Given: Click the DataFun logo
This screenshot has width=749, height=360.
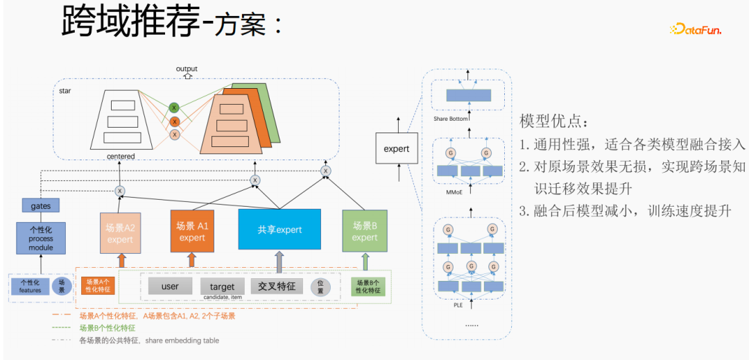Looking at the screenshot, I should tap(695, 29).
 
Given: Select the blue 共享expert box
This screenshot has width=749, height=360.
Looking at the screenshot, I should tap(279, 229).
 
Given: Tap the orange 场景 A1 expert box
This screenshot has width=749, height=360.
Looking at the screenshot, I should tap(192, 231).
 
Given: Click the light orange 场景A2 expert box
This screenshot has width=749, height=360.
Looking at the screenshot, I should tap(119, 232).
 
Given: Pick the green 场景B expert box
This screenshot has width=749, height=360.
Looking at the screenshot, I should tap(364, 231).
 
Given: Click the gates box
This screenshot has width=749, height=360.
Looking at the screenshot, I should tap(40, 205).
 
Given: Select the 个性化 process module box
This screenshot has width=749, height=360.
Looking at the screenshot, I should tap(40, 237).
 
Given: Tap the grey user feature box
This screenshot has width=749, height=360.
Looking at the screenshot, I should tap(170, 286).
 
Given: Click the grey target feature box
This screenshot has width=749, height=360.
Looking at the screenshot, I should tap(222, 286).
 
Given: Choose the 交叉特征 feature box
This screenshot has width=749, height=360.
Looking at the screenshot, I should tap(277, 286).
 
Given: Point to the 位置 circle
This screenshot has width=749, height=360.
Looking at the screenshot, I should tap(320, 286).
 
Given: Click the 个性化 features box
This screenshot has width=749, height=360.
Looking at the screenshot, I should tap(30, 286).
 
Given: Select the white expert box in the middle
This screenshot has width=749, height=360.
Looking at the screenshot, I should tap(396, 148).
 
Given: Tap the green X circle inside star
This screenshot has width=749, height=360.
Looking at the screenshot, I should tap(175, 108).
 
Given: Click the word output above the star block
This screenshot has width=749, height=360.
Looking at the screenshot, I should tap(187, 69).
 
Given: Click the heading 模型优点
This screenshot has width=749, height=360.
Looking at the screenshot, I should tap(555, 122).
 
